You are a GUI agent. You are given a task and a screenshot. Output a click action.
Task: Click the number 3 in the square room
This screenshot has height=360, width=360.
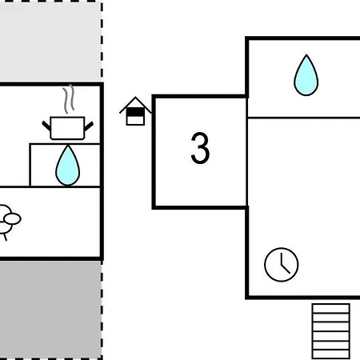pyautogui.click(x=200, y=148)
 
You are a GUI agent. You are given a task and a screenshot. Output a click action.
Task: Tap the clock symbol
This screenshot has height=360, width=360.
pyautogui.click(x=282, y=265)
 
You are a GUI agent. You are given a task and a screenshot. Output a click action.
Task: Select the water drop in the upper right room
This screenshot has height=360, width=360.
pyautogui.click(x=306, y=75)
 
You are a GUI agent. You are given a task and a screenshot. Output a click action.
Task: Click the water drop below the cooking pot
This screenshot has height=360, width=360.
pyautogui.click(x=68, y=166)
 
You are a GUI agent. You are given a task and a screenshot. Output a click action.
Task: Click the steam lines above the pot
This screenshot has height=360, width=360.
pyautogui.click(x=69, y=98)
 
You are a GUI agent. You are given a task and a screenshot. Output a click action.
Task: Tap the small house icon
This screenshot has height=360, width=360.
pyautogui.click(x=135, y=111)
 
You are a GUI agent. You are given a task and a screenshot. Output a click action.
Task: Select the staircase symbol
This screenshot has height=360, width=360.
pyautogui.click(x=331, y=331)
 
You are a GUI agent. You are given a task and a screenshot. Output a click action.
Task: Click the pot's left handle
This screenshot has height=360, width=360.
pyautogui.click(x=46, y=126)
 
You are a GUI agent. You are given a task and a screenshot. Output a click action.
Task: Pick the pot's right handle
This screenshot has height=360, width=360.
pyautogui.click(x=89, y=126)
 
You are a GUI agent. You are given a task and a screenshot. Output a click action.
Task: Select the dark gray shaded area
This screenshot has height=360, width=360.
pyautogui.click(x=50, y=309)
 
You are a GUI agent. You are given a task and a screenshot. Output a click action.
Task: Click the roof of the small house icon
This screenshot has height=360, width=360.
pyautogui.click(x=135, y=105)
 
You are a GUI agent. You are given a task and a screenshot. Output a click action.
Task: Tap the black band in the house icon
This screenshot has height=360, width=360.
pyautogui.click(x=135, y=112)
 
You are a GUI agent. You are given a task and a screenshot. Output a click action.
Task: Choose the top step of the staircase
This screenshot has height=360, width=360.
pyautogui.click(x=331, y=308)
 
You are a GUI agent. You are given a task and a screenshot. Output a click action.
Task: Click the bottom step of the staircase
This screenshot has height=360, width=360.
pyautogui.click(x=331, y=354)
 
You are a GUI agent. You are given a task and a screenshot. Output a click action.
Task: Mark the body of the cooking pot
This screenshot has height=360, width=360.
pyautogui.click(x=67, y=128)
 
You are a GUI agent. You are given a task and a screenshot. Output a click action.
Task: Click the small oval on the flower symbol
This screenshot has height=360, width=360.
pyautogui.click(x=13, y=219)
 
